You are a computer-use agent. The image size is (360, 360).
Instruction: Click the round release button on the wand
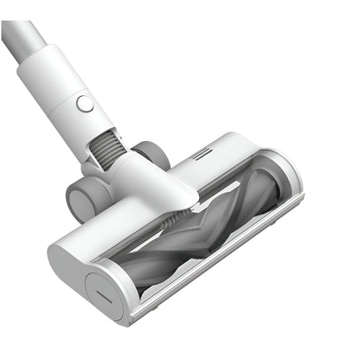point(85,105)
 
